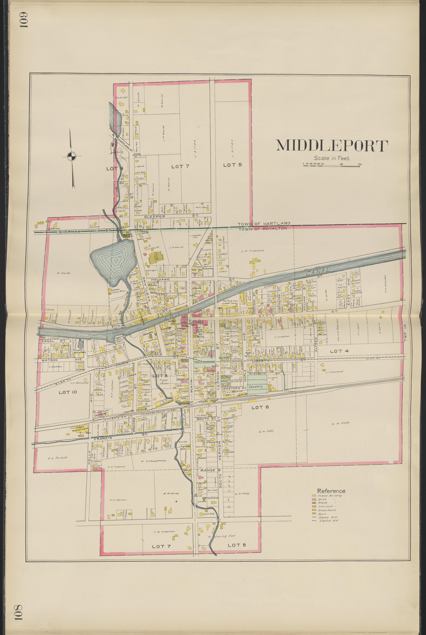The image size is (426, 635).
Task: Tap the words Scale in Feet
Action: (332, 158)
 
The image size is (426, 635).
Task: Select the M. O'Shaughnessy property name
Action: (153, 461)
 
